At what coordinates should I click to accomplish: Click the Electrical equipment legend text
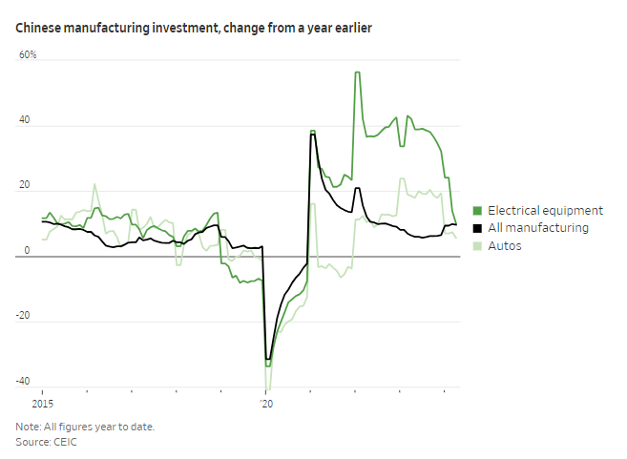[545, 210]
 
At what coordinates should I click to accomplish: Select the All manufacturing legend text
[537, 228]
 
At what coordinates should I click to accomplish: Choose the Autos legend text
[505, 245]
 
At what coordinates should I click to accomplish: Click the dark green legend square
[478, 211]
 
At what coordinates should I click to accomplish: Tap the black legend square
[478, 228]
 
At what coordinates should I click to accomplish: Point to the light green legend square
[478, 246]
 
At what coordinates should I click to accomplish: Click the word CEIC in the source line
[67, 444]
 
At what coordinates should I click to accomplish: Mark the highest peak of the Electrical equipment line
[357, 73]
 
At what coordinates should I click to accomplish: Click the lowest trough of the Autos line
[268, 388]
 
